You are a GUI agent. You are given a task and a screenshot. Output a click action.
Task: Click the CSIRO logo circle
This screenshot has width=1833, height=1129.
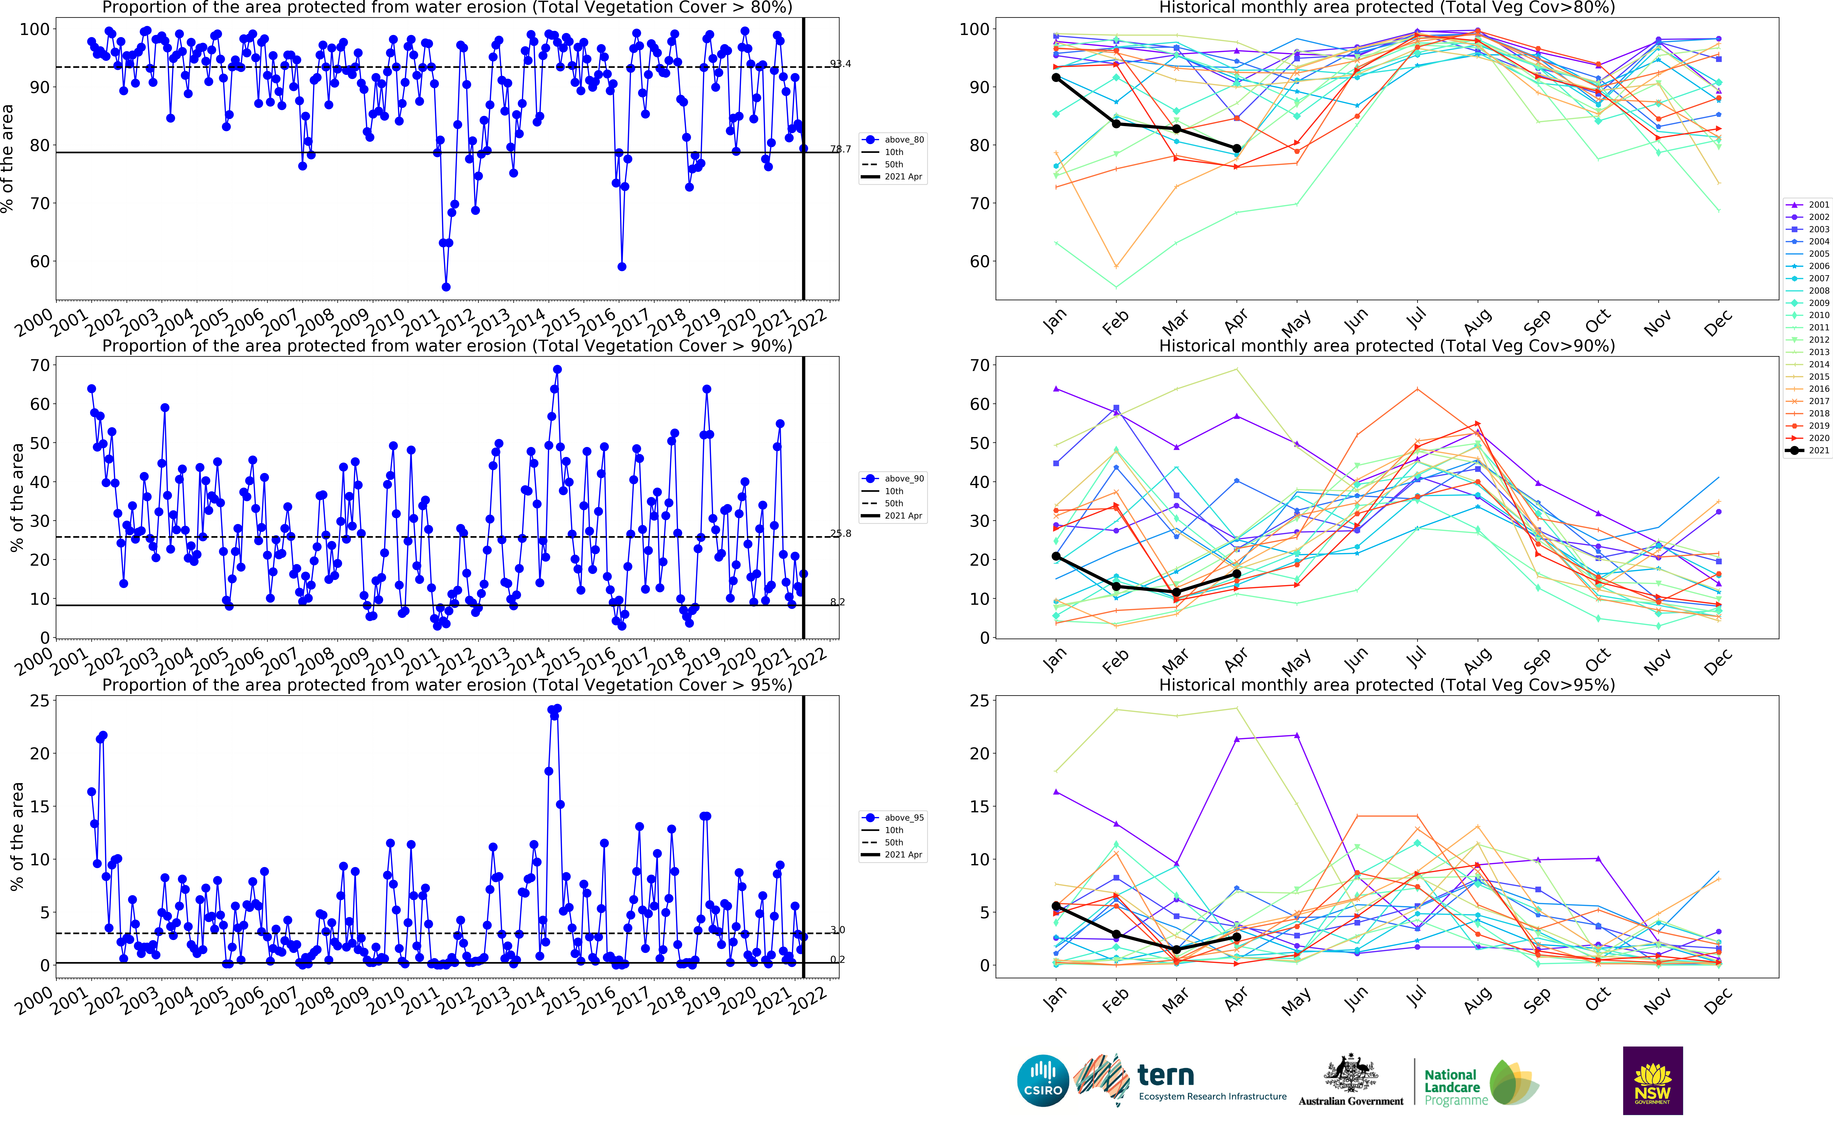[x=1043, y=1081]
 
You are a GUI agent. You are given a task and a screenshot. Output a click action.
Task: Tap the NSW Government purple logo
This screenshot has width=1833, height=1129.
[x=1652, y=1080]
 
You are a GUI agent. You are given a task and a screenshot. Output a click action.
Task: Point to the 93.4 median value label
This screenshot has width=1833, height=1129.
[x=840, y=64]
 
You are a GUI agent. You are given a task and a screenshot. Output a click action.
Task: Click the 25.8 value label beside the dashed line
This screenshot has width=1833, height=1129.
[x=840, y=533]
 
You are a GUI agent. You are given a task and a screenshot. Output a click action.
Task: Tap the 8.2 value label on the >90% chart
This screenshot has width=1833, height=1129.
[x=837, y=602]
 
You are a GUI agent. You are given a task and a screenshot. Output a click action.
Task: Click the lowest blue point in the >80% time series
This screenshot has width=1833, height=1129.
[x=446, y=287]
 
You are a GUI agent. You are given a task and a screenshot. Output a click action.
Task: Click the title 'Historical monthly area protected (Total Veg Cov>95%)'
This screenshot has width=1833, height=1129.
[x=1386, y=685]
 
